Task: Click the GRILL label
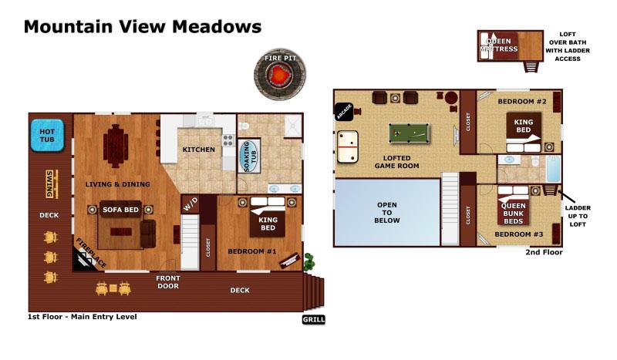point(313,319)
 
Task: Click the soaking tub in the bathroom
point(249,156)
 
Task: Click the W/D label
point(190,205)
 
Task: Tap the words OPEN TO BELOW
point(386,212)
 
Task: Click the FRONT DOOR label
point(167,282)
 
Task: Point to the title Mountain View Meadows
point(142,27)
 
